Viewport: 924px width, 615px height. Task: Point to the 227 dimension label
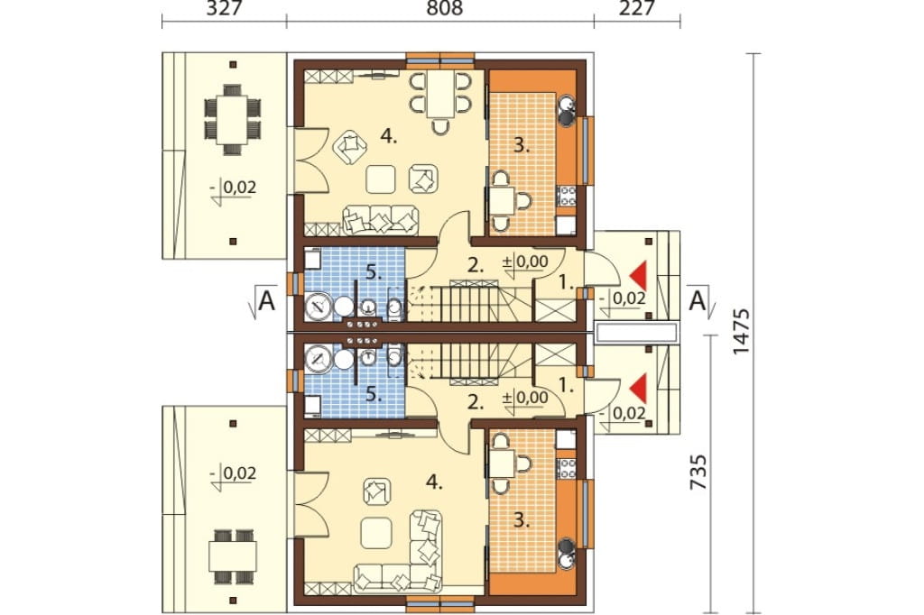coord(637,8)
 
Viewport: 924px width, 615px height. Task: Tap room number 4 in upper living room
coord(389,137)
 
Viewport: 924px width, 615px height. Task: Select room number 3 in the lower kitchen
coord(522,520)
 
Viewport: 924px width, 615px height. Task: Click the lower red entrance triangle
coord(638,388)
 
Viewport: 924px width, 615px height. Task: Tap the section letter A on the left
coord(267,301)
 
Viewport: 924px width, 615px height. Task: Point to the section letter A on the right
coord(698,301)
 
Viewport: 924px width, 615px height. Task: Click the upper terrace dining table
coord(233,120)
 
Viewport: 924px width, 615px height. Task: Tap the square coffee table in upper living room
coord(380,179)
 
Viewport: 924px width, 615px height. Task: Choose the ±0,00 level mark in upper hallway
coord(525,262)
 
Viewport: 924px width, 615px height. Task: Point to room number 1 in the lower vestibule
coord(566,386)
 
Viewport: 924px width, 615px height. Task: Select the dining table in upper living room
coord(440,95)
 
